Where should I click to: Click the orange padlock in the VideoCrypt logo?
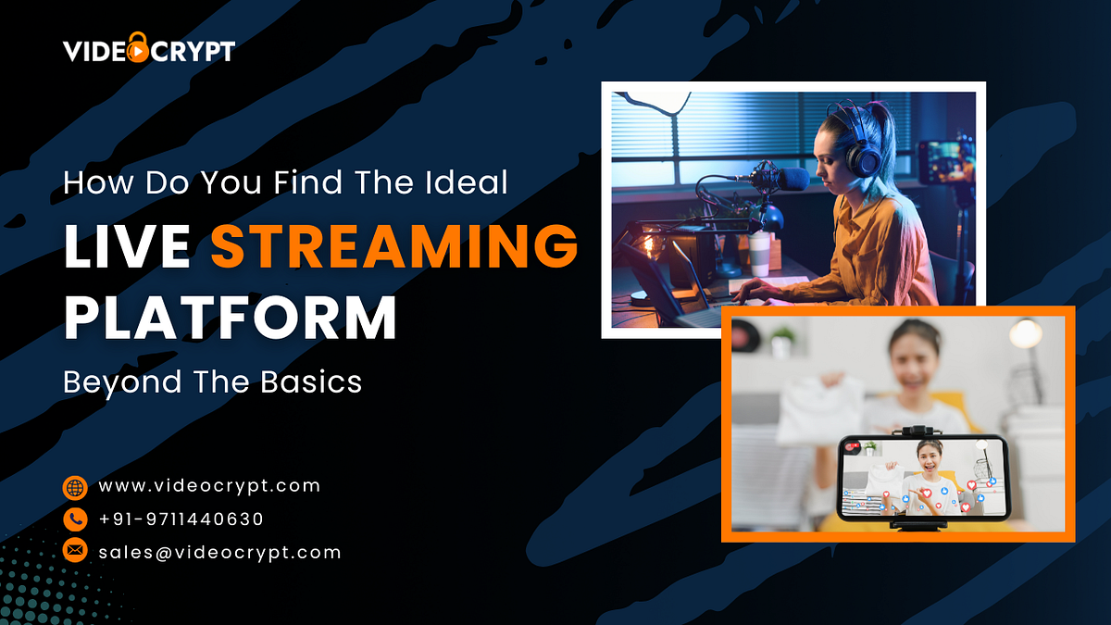click(x=138, y=47)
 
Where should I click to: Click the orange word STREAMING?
click(x=394, y=246)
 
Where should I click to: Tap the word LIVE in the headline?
click(x=128, y=246)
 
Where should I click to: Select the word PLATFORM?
click(x=231, y=318)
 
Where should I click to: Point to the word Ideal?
click(x=467, y=182)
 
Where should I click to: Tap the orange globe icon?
click(x=75, y=488)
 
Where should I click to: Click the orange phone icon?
click(x=75, y=519)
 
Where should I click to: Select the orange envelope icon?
click(x=75, y=550)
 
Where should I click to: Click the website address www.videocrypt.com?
click(x=209, y=486)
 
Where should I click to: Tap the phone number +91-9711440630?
click(x=181, y=519)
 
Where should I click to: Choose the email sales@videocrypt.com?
click(x=219, y=553)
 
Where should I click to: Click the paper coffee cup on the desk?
click(x=759, y=254)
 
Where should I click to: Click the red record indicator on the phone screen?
click(x=853, y=446)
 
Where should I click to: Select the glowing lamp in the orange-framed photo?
click(x=1026, y=333)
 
